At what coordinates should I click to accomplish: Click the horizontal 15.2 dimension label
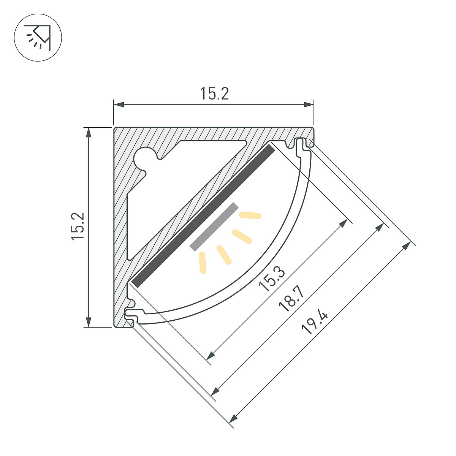pos(214,93)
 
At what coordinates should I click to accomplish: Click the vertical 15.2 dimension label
pos(78,226)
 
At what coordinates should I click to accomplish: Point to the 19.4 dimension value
pos(315,322)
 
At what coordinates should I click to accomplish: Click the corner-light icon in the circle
pos(38,38)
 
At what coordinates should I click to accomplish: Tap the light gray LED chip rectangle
pos(214,226)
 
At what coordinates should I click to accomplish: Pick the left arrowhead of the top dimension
pos(119,104)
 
